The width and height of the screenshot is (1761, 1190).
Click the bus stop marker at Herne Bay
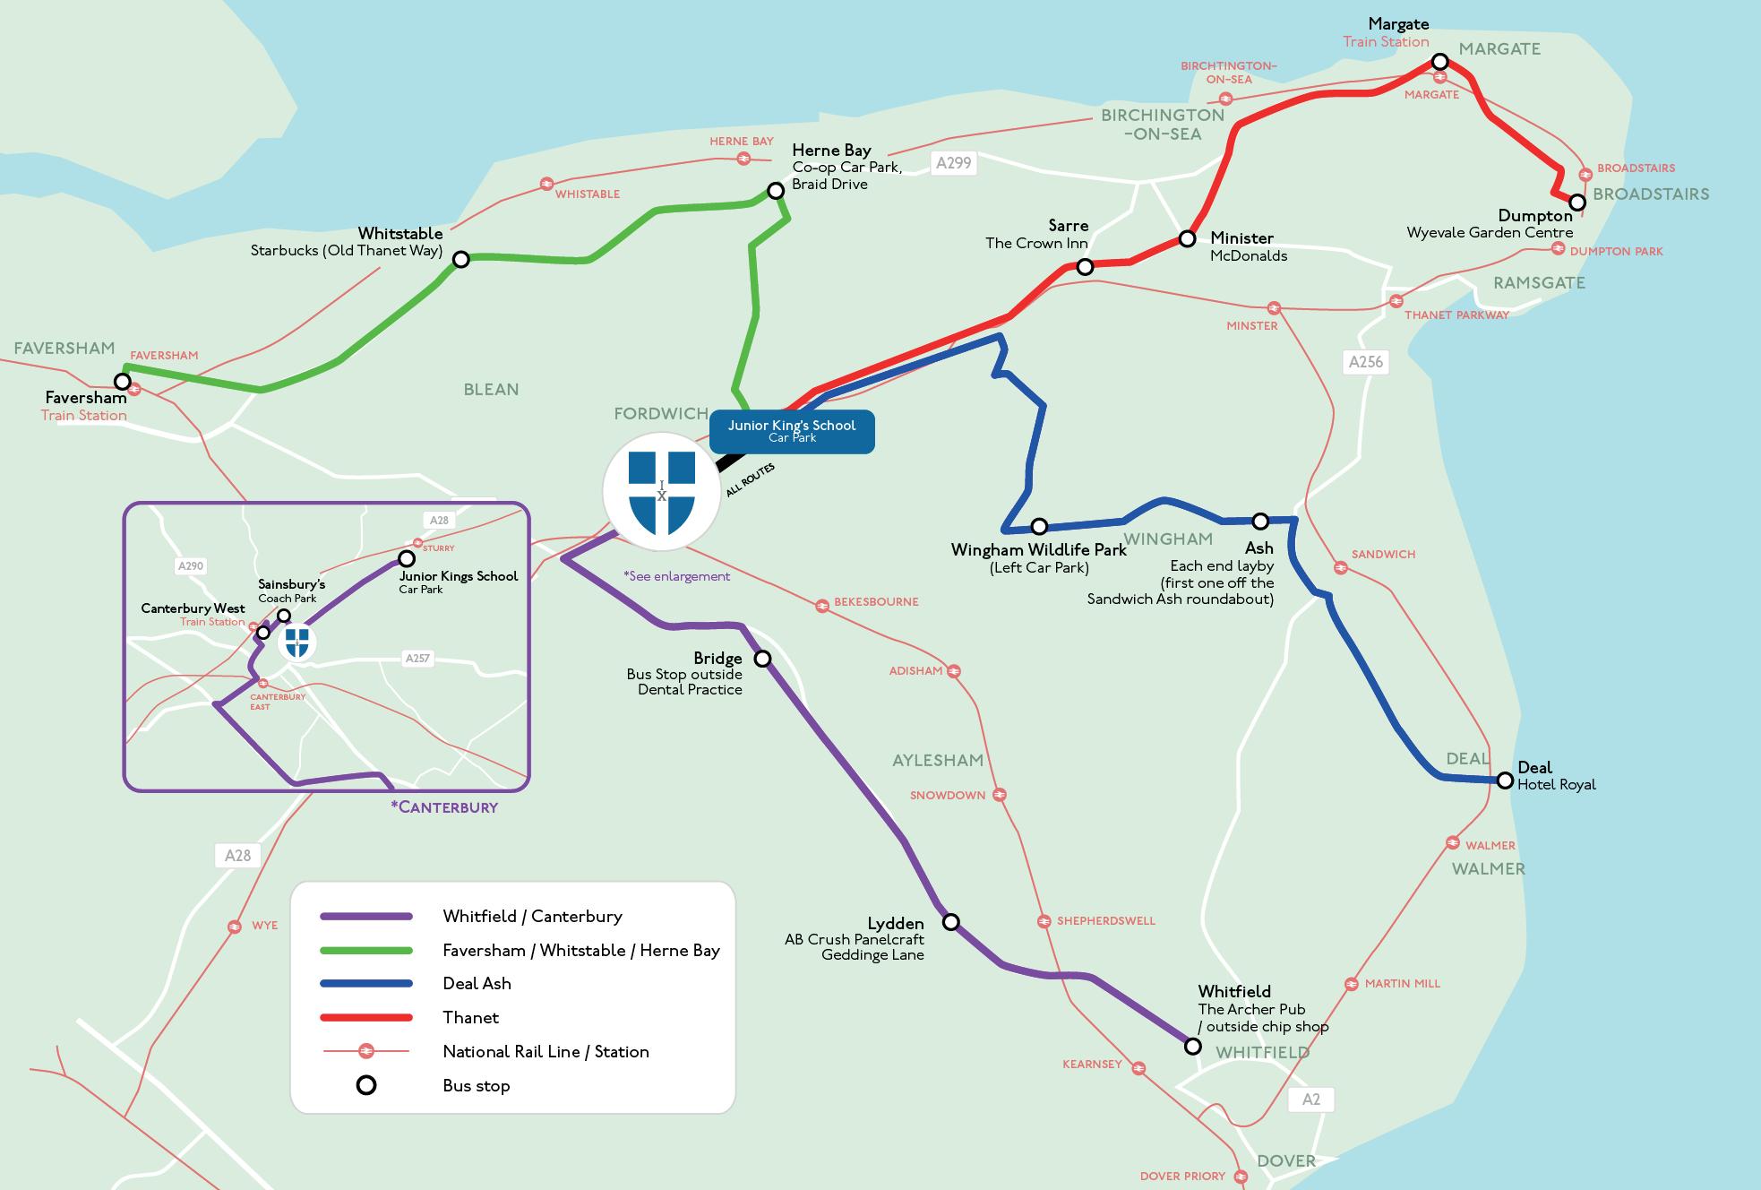(776, 191)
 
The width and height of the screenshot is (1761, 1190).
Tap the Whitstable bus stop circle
(460, 260)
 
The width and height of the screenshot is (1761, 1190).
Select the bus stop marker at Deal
(1506, 780)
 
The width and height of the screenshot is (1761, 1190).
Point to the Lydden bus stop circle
(951, 922)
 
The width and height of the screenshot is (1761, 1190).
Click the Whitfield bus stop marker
(1192, 1047)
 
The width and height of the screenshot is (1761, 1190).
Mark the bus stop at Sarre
(1085, 267)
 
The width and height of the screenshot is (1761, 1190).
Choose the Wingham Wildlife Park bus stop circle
(1039, 526)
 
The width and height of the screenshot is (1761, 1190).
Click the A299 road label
(953, 163)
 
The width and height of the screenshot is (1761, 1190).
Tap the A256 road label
(1366, 362)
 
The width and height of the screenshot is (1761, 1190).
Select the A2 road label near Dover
(1310, 1099)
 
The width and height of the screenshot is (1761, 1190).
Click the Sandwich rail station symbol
(1340, 567)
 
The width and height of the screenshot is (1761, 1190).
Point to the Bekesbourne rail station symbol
(821, 606)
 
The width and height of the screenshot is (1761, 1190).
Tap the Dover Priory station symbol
(1241, 1177)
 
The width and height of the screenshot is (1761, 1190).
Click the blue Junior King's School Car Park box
(792, 431)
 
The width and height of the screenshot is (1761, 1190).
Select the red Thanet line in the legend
(366, 1018)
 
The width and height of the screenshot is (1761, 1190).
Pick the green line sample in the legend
(366, 951)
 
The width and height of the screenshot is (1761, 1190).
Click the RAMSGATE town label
(1539, 283)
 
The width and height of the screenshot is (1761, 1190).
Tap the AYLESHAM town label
(938, 761)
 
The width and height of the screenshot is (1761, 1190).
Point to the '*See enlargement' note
(677, 576)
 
